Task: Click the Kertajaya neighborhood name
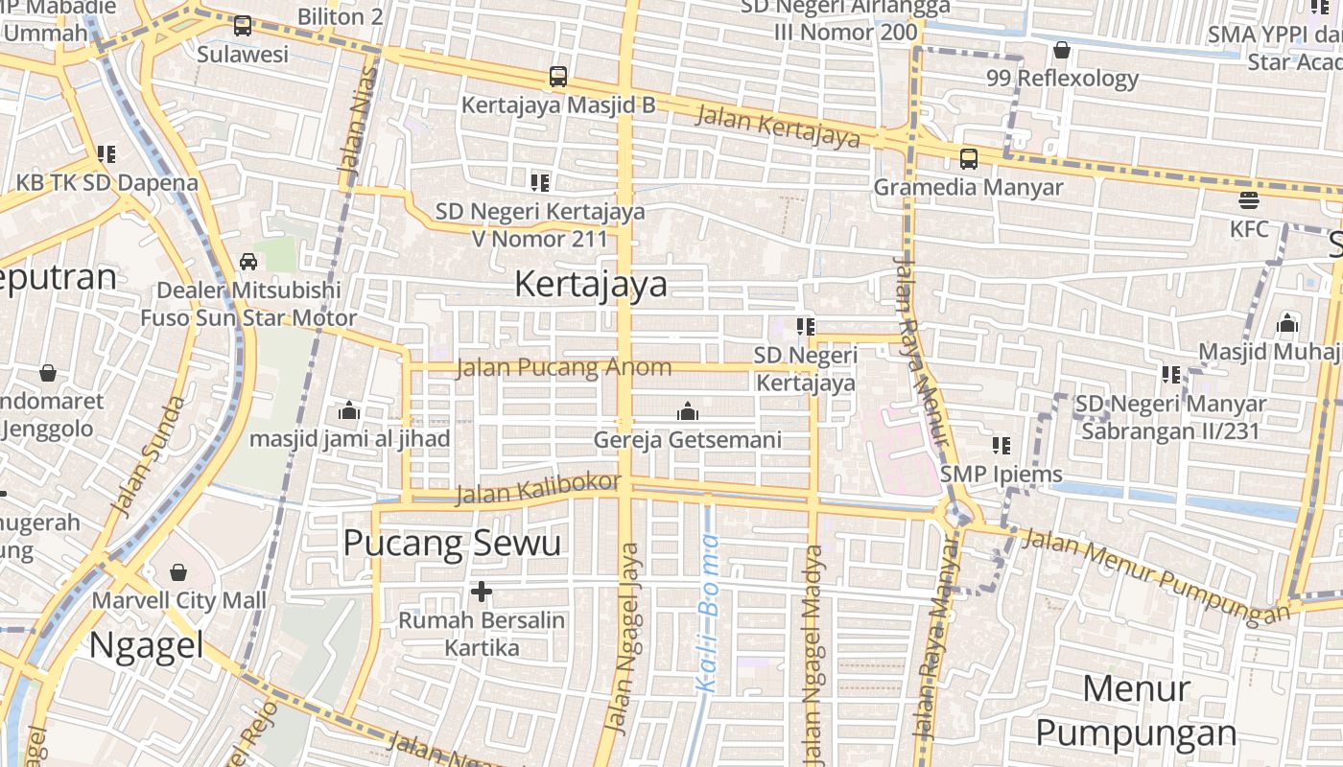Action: (x=591, y=285)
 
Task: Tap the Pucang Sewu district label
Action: (x=452, y=544)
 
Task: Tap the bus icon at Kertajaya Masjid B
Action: (x=558, y=76)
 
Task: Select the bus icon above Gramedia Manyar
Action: (x=969, y=158)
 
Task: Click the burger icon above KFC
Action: (x=1249, y=200)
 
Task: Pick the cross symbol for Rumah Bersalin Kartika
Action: (x=482, y=592)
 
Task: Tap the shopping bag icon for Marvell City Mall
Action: (x=178, y=572)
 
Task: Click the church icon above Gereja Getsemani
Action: (x=687, y=411)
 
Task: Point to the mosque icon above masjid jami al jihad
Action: (x=349, y=410)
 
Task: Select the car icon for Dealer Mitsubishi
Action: (x=248, y=261)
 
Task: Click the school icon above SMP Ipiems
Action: (x=1001, y=445)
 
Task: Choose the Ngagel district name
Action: (x=146, y=644)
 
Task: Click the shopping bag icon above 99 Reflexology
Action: (x=1062, y=50)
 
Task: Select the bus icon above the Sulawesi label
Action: (x=243, y=26)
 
